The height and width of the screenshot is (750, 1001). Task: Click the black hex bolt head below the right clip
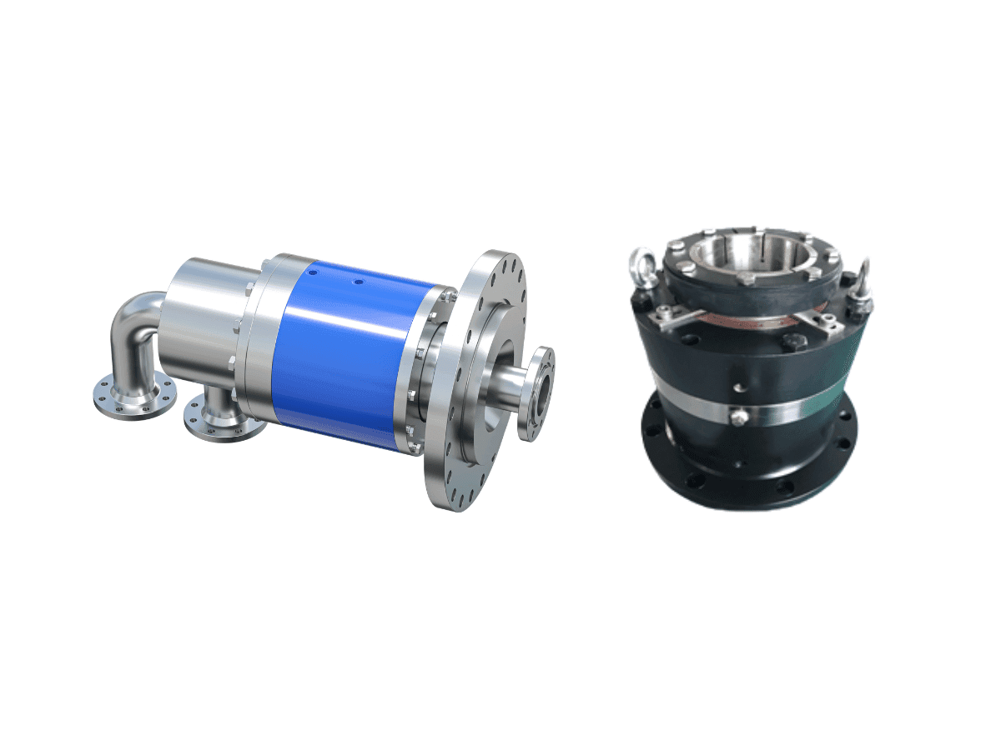tap(787, 342)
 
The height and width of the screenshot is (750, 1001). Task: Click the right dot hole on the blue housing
tap(358, 282)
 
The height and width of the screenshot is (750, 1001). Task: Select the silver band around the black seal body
tap(792, 408)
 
